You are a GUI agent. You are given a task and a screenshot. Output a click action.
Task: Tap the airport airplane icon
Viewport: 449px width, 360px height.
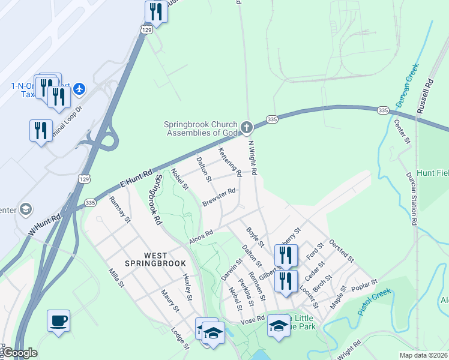tap(79, 89)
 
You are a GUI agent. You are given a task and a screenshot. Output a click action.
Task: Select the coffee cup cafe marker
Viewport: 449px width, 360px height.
tap(59, 320)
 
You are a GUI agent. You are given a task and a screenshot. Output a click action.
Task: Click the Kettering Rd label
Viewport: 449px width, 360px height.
tap(230, 162)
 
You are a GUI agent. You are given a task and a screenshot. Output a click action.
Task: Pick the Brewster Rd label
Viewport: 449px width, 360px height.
tap(218, 197)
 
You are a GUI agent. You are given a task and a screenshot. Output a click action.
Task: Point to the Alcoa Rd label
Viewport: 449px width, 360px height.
tap(201, 233)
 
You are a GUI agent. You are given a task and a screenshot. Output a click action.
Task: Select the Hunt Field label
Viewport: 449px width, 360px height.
tap(432, 173)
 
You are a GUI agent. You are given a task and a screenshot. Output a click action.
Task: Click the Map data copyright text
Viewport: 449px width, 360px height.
tap(424, 355)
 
